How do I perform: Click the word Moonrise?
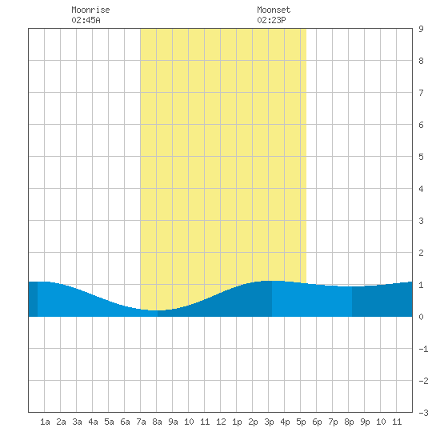90,10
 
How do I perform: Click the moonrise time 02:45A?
86,20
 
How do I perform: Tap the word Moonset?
274,10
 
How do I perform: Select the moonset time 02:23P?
271,20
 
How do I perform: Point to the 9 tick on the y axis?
421,29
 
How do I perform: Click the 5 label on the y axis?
421,157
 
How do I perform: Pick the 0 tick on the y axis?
421,317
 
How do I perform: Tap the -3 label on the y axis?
423,413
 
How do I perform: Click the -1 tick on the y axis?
423,349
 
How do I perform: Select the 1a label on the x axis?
45,422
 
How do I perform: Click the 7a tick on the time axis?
141,422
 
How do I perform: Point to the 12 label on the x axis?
221,422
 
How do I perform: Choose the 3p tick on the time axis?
269,422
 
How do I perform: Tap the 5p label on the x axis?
301,422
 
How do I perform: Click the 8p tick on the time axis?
349,422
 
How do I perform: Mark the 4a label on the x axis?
93,422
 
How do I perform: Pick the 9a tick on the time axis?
173,422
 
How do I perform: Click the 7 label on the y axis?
421,93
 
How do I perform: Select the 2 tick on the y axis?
421,253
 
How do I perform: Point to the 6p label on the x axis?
317,422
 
